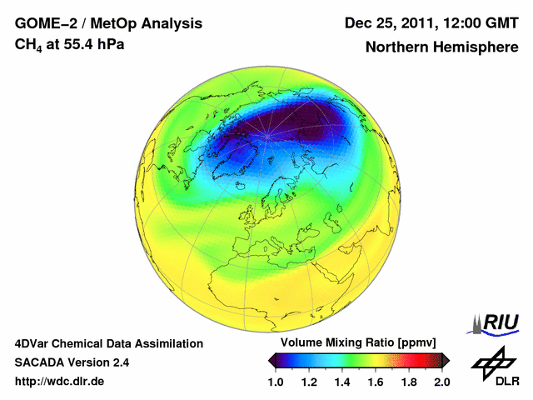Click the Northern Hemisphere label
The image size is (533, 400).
tap(441, 47)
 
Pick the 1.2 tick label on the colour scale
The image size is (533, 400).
tap(310, 382)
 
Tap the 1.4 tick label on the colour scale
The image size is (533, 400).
tap(343, 382)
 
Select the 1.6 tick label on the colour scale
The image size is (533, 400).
tap(376, 382)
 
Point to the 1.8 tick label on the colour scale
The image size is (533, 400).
tap(409, 382)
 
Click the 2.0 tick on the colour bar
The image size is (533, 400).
tap(441, 382)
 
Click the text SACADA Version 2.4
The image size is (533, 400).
tap(72, 362)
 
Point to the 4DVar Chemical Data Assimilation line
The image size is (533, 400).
tap(109, 343)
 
